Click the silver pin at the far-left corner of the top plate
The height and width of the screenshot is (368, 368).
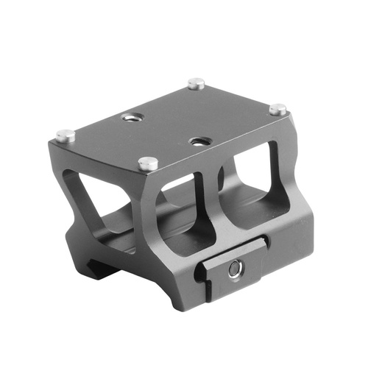pyautogui.click(x=64, y=135)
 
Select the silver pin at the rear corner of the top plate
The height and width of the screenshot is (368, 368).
pyautogui.click(x=195, y=84)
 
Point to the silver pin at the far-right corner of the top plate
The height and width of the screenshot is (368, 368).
pyautogui.click(x=277, y=110)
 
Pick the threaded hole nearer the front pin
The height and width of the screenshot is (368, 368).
pyautogui.click(x=198, y=140)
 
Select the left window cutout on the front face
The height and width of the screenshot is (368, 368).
pyautogui.click(x=187, y=210)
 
